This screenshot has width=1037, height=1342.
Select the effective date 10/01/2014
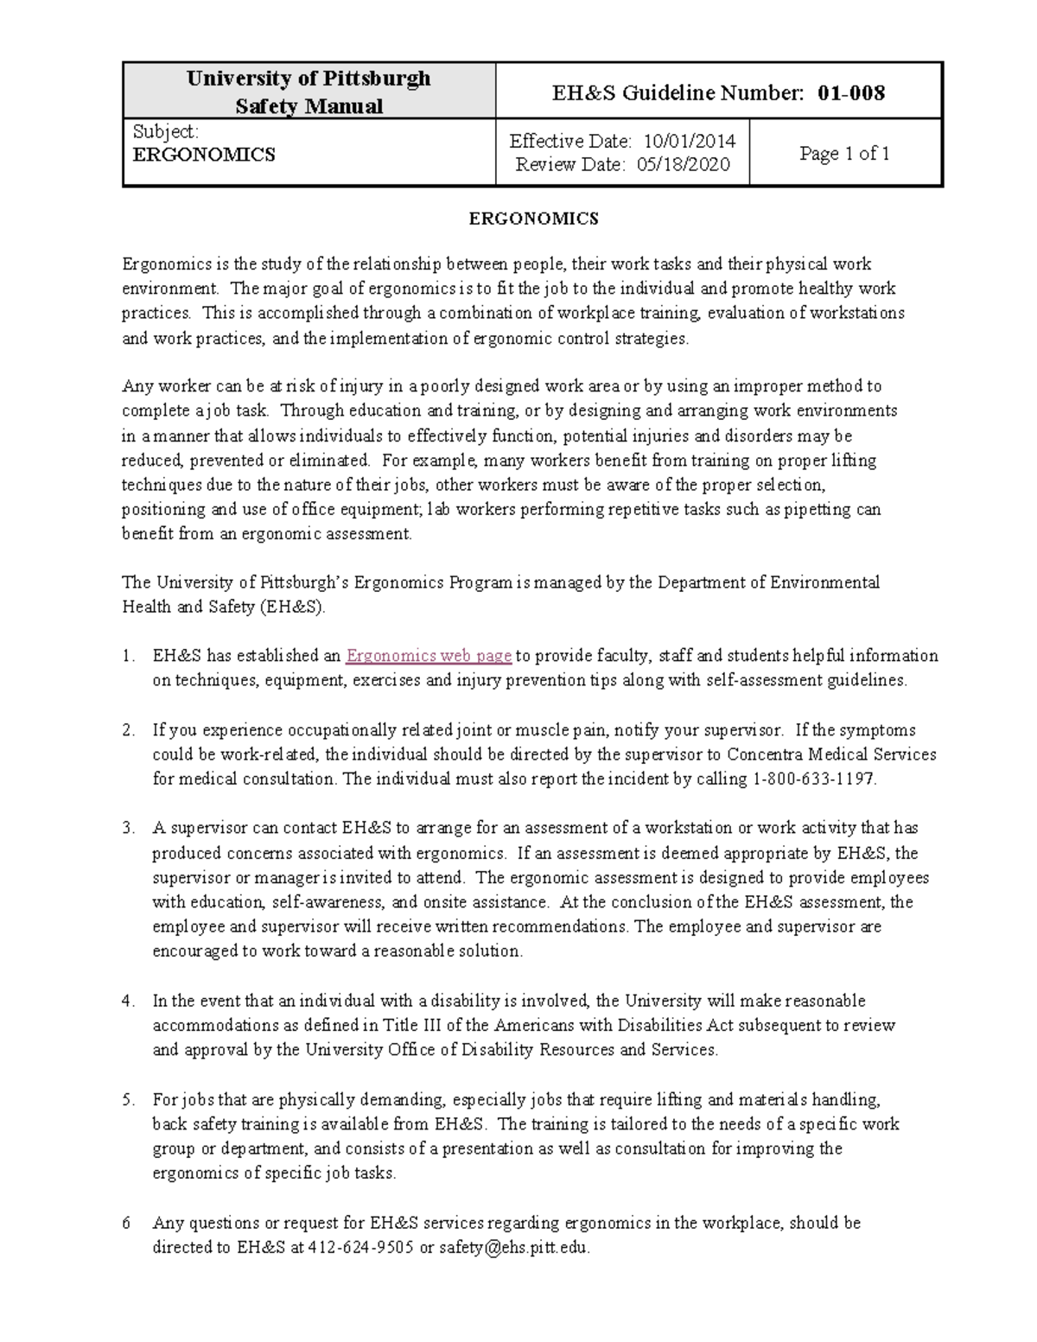point(686,141)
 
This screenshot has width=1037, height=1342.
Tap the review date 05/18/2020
point(683,164)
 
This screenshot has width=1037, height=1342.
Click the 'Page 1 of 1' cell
point(844,154)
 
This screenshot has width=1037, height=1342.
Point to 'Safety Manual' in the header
point(309,106)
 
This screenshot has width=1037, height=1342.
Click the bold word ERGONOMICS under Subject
point(204,155)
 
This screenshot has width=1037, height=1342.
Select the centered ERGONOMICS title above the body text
point(533,219)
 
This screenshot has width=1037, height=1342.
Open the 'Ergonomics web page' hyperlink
point(429,656)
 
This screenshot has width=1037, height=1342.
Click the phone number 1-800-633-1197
point(814,779)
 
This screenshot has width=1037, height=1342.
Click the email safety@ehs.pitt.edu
point(514,1247)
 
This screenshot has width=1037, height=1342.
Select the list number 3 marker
point(129,828)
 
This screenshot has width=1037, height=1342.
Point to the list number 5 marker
point(129,1100)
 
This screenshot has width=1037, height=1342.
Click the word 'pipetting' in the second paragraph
point(817,509)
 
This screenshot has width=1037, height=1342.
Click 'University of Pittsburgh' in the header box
point(309,79)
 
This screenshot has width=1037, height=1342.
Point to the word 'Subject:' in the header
point(166,131)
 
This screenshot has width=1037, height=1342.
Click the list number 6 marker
point(127,1223)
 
